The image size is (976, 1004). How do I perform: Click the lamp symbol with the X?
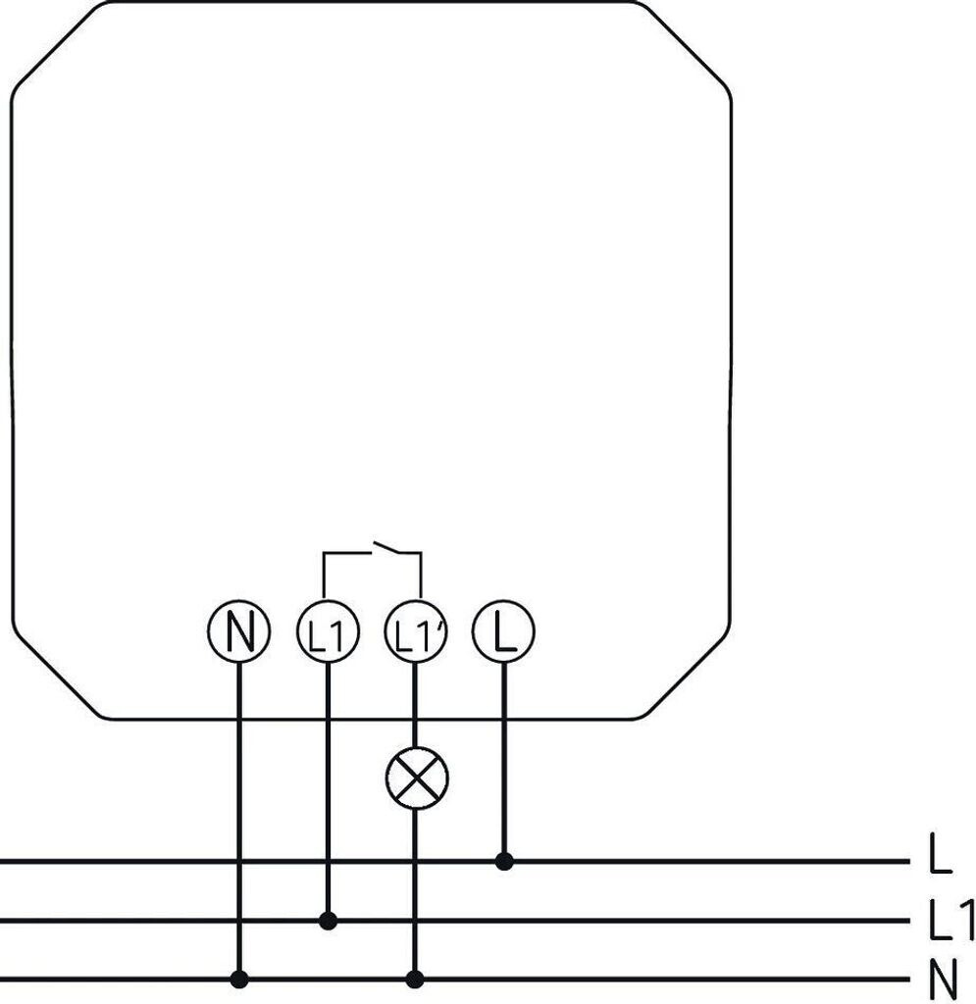[416, 780]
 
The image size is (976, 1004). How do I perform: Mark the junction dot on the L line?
[504, 862]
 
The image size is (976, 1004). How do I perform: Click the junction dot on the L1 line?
[329, 921]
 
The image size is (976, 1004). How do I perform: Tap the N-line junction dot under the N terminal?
[238, 979]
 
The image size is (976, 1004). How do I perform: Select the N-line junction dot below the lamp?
[415, 979]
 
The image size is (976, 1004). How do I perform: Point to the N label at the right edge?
[941, 979]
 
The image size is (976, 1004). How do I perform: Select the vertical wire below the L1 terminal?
[328, 794]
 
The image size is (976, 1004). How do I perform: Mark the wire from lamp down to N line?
[415, 892]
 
